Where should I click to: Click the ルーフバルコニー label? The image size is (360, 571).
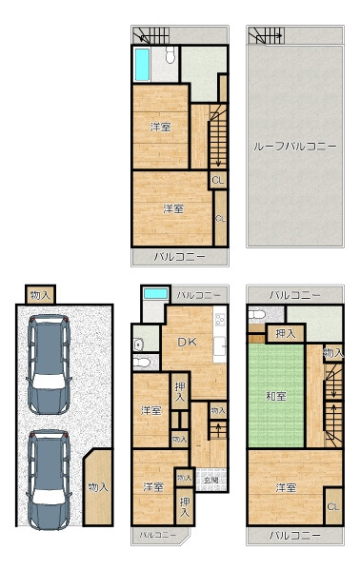[x=295, y=147]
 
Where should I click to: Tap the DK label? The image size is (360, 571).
[x=187, y=342]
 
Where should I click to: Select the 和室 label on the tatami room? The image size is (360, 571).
[x=276, y=396]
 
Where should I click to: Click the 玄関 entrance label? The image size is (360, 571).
[x=211, y=480]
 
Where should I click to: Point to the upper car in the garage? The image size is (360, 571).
[x=49, y=364]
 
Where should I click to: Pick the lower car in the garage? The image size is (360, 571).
[x=49, y=480]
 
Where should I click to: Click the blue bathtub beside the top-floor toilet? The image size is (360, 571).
[x=142, y=65]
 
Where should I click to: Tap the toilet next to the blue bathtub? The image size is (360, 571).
[x=170, y=55]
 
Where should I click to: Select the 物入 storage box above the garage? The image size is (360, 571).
[x=40, y=295]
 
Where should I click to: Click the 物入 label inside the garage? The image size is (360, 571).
[x=98, y=487]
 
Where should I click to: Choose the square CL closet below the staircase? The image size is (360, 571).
[x=218, y=180]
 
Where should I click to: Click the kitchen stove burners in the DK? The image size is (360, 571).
[x=220, y=319]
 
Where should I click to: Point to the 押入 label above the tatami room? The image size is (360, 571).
[x=285, y=334]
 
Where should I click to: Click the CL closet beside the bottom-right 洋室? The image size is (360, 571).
[x=333, y=506]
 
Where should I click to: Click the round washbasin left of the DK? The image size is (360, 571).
[x=138, y=345]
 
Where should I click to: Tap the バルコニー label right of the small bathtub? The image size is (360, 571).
[x=199, y=295]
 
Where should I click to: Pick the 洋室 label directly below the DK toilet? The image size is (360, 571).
[x=150, y=411]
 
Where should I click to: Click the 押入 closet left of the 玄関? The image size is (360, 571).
[x=185, y=507]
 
